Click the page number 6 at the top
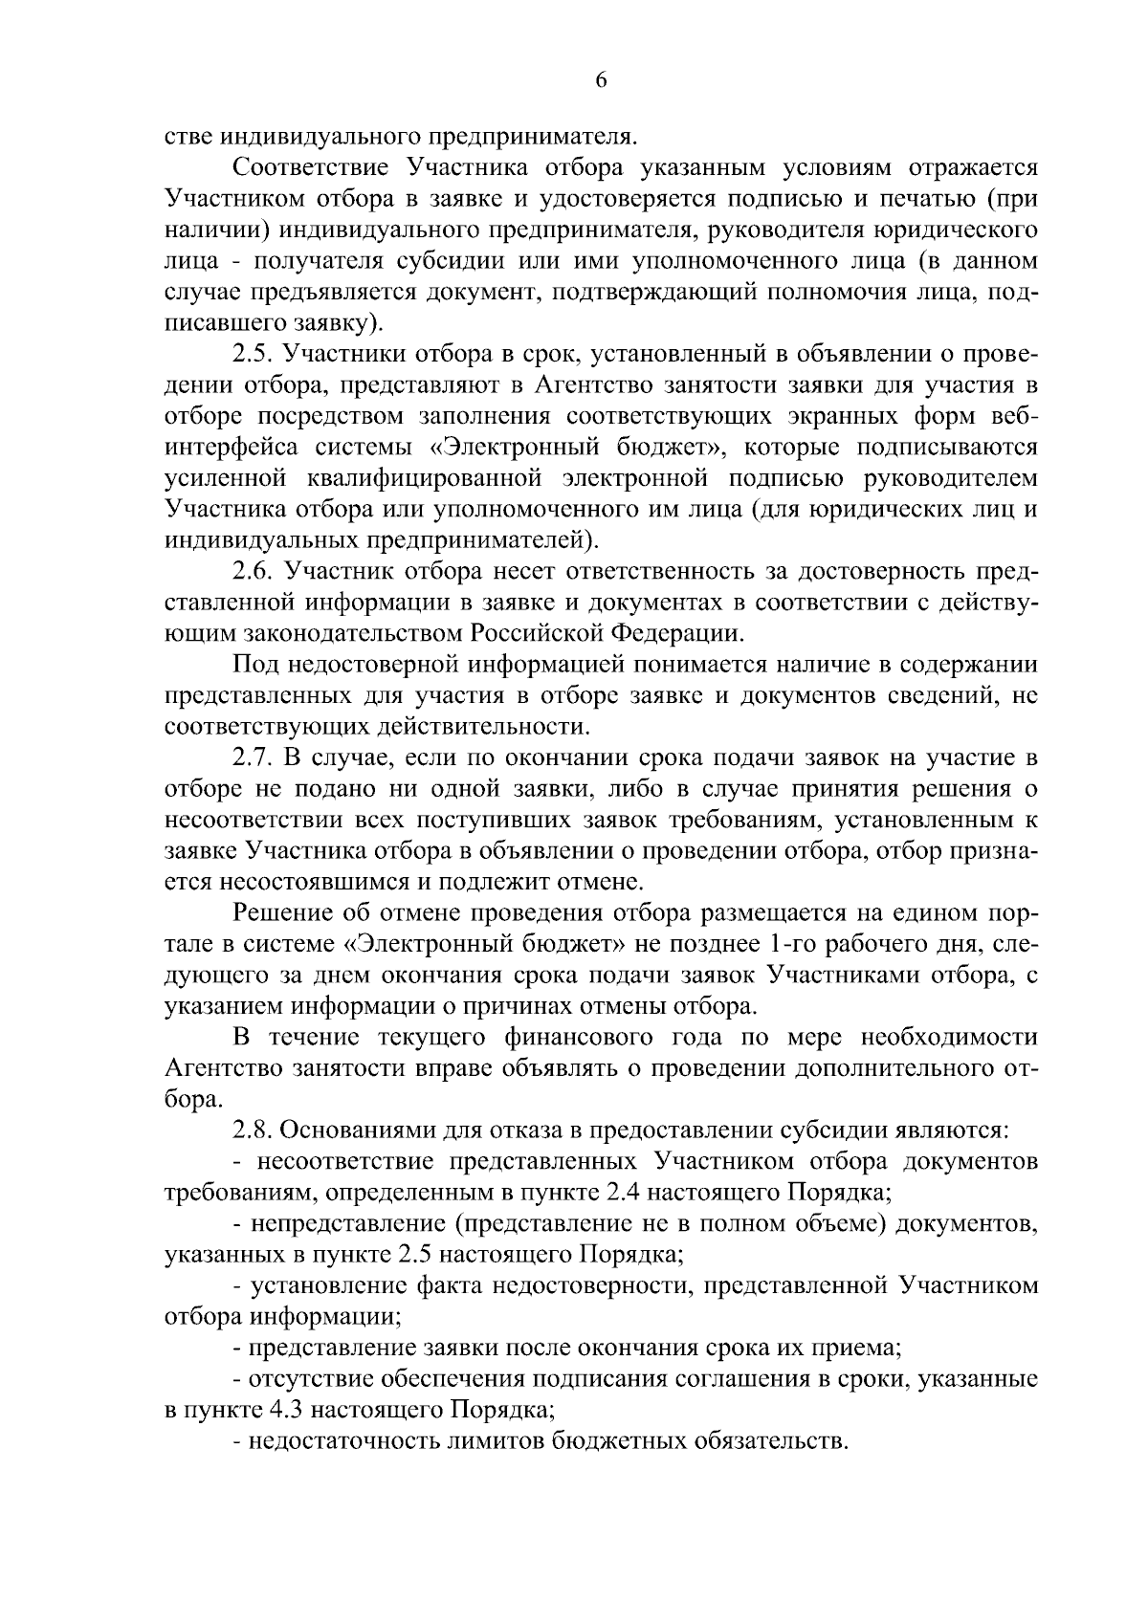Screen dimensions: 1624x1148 [x=601, y=81]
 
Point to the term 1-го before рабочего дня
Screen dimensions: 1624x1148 [x=790, y=945]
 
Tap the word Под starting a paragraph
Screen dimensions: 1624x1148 [x=254, y=665]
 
